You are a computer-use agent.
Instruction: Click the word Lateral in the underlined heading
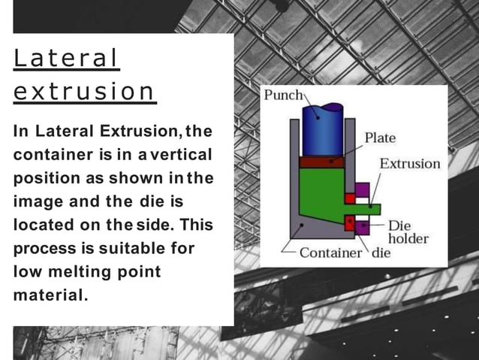67,59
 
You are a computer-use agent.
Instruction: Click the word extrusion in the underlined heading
84,92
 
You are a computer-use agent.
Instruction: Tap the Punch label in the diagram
282,95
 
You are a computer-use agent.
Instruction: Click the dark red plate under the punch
321,162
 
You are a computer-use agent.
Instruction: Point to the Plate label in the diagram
380,138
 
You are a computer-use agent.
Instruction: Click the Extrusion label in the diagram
409,163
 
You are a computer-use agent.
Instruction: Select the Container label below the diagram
330,253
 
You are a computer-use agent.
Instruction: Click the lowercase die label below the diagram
381,253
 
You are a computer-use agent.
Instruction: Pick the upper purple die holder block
363,189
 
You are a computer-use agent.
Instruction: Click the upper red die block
350,198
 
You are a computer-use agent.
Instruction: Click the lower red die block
350,222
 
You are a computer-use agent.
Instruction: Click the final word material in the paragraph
50,295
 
